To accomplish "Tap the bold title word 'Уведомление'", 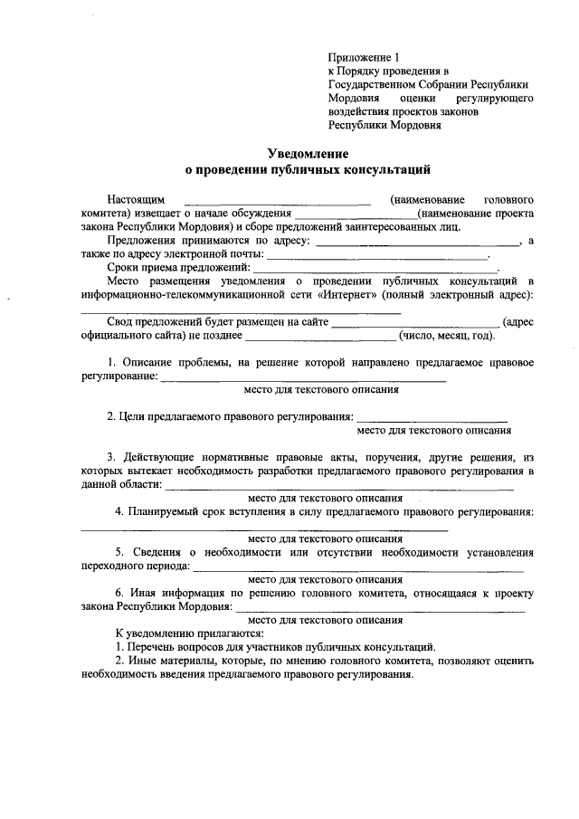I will [308, 155].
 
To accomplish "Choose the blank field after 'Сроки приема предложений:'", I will [375, 270].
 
